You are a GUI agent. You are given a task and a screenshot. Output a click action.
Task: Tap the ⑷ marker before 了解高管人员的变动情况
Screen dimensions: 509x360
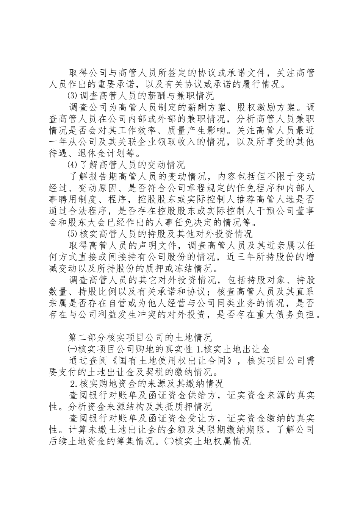(71, 165)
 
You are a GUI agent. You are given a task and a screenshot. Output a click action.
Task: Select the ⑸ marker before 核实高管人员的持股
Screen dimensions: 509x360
(71, 235)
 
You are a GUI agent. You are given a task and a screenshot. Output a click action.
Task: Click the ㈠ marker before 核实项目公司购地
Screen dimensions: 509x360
(72, 348)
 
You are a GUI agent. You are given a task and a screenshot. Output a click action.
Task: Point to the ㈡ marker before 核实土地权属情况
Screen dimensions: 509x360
(166, 442)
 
